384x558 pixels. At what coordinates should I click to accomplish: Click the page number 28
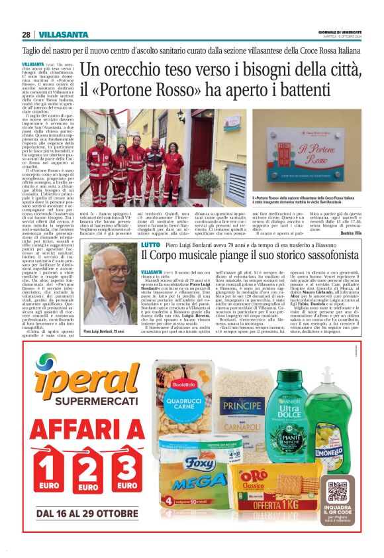coord(26,34)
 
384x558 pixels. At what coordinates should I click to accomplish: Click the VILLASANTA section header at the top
coord(63,34)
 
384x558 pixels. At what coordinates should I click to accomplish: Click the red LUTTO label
coord(151,245)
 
